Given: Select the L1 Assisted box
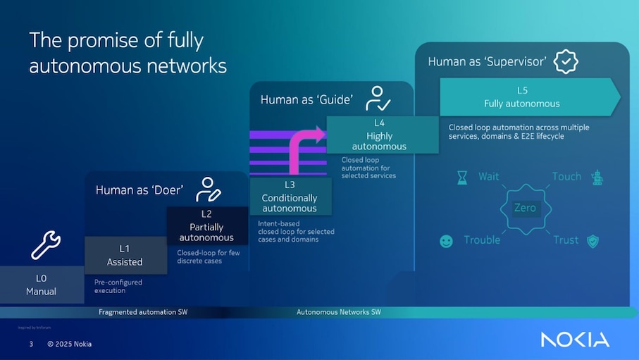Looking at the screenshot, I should click(x=125, y=255).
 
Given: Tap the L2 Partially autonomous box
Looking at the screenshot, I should click(x=206, y=225).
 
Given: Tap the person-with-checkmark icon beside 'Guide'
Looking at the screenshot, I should click(x=377, y=99).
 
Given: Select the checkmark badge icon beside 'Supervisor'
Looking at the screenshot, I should click(x=565, y=61).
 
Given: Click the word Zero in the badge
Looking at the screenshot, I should click(x=525, y=208).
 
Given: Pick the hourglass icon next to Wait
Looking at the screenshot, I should click(x=461, y=177).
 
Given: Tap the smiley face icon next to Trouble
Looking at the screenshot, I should click(x=446, y=241).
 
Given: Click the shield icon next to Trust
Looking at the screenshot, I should click(x=593, y=241).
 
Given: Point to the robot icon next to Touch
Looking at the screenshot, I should click(x=597, y=177).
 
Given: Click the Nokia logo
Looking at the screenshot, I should click(x=575, y=340).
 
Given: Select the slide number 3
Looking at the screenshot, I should click(x=31, y=344).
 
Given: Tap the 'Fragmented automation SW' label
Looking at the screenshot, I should click(x=143, y=311).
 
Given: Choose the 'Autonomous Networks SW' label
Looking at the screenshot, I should click(x=339, y=311).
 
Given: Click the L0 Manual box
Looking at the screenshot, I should click(x=41, y=285).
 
